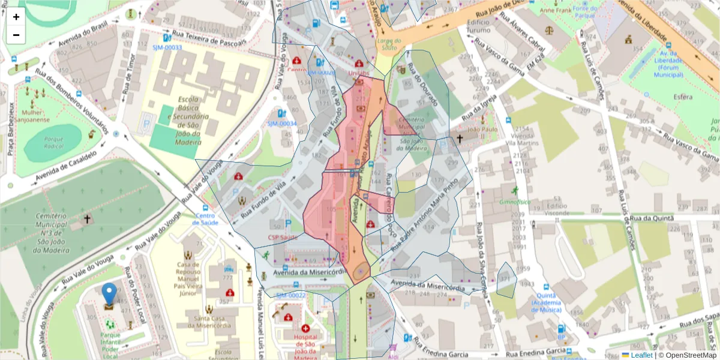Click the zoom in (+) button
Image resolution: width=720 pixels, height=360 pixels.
coord(16,17)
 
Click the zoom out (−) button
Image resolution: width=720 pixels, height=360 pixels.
coord(16,35)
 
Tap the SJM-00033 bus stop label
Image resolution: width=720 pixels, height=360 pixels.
coord(167,47)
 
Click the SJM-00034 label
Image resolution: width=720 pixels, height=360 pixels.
coord(282,124)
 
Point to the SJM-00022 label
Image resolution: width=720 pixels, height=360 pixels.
coord(290,295)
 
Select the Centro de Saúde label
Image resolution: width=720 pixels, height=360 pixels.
coord(205,219)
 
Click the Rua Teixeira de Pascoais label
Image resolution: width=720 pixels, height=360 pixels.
coord(209,38)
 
